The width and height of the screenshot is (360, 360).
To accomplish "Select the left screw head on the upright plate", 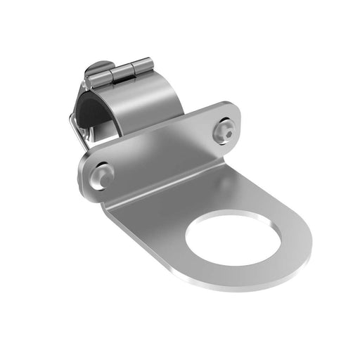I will coord(103,173).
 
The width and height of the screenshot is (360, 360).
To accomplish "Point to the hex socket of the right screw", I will coord(226,130).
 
